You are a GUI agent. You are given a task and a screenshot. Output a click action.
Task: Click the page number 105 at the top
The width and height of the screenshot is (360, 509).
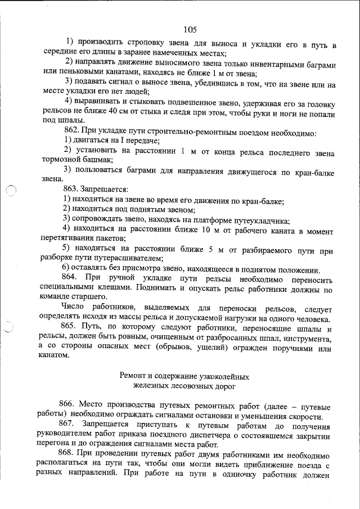click(x=190, y=29)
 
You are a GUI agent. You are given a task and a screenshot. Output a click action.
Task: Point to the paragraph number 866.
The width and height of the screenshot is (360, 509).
click(x=67, y=407)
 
